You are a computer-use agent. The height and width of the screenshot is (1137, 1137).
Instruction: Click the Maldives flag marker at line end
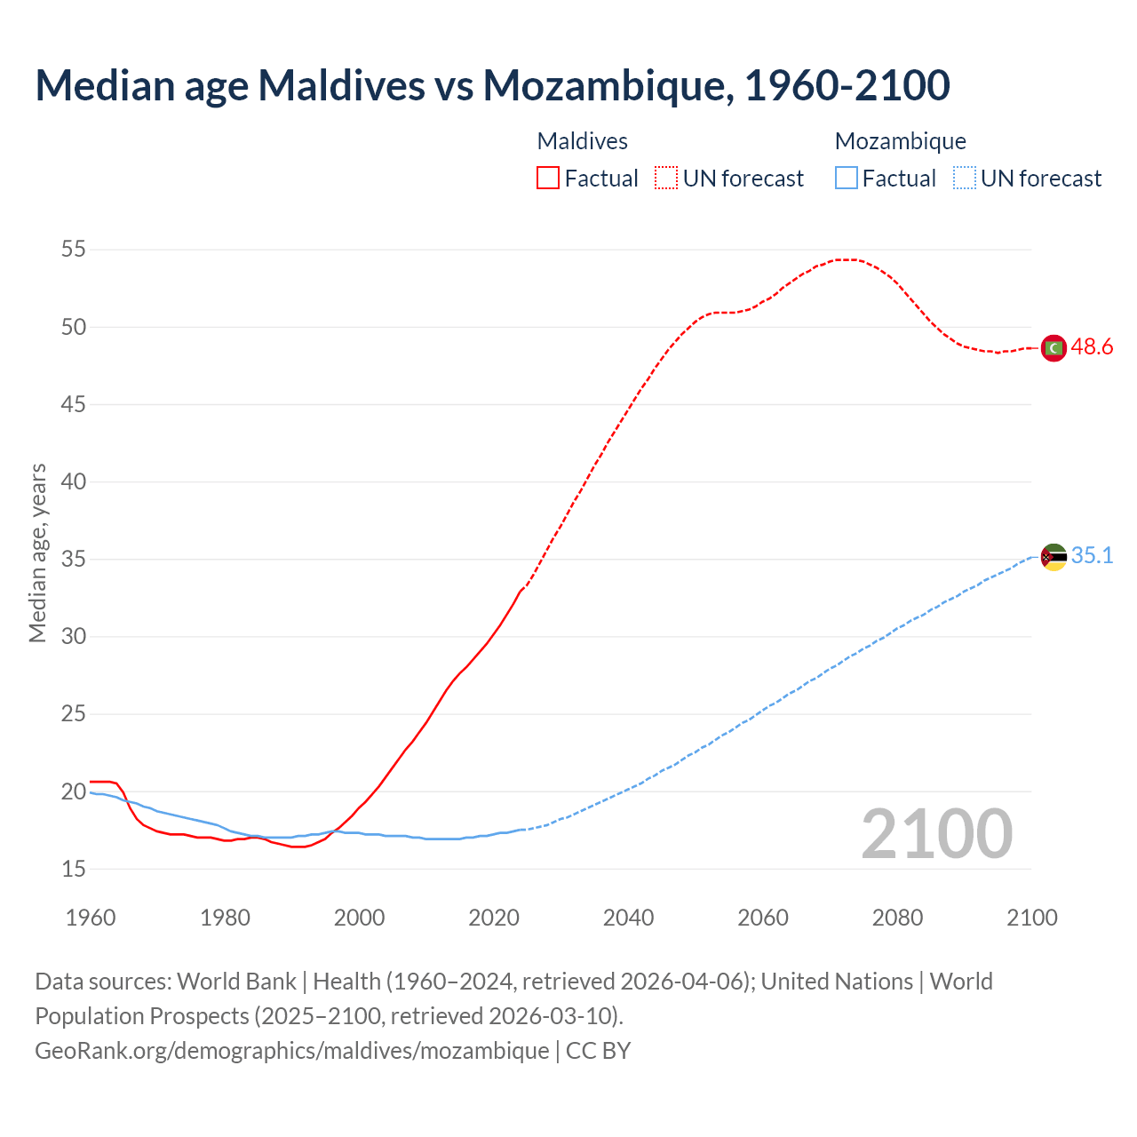coord(1054,348)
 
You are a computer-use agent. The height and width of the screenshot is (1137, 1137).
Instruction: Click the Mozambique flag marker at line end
coord(1054,557)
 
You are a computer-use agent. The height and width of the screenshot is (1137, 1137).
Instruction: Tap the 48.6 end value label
coord(1092,347)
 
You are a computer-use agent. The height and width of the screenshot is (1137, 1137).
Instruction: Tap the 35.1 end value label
coord(1092,556)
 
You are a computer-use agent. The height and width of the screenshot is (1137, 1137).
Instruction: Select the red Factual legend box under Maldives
coord(548,178)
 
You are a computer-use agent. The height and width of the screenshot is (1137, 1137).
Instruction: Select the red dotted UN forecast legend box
coord(666,178)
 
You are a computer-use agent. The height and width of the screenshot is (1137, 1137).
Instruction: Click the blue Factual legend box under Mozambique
coord(847,178)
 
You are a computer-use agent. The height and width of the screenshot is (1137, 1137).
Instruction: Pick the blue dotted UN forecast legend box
coord(964,178)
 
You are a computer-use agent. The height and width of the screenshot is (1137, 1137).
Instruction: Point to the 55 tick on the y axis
coord(74,250)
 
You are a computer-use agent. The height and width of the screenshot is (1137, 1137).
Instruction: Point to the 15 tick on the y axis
coord(74,869)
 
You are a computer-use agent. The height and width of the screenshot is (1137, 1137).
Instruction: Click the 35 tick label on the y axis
coord(74,560)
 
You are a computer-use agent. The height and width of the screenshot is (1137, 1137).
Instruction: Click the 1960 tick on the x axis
coord(91,918)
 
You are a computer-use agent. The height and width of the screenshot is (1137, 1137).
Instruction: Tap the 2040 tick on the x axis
coord(628,918)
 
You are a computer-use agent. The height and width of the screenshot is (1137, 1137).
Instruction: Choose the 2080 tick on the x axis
coord(897,918)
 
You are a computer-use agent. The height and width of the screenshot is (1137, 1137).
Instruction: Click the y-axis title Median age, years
coord(37,553)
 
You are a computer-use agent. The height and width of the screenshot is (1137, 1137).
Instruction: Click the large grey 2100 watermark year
coord(936,833)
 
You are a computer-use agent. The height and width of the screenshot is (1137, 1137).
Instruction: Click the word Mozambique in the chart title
coord(608,85)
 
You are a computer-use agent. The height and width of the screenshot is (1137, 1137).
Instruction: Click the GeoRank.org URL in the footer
coord(291,1050)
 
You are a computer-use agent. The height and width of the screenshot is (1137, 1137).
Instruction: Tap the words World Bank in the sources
coord(236,982)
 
